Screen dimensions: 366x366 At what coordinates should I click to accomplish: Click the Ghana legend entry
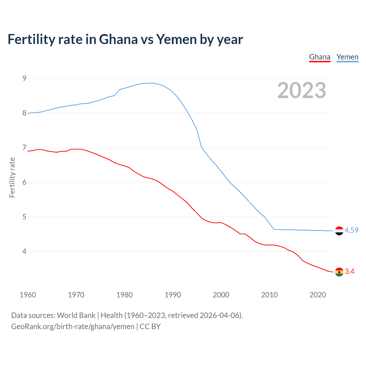click(x=320, y=57)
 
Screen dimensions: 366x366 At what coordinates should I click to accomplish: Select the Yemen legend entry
click(x=347, y=57)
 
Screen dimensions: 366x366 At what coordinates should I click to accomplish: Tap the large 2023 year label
click(x=301, y=90)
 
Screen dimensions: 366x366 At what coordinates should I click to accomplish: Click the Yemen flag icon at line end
click(x=339, y=231)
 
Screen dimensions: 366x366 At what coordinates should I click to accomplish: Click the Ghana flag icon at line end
click(x=339, y=272)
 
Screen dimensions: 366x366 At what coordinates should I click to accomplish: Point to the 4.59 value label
click(x=351, y=230)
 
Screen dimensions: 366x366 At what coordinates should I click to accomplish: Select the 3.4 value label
click(x=349, y=271)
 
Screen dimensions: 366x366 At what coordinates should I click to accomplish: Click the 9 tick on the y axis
click(x=24, y=78)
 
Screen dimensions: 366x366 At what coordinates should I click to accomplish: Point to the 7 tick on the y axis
click(x=24, y=148)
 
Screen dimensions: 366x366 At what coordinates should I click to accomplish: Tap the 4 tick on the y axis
click(x=24, y=251)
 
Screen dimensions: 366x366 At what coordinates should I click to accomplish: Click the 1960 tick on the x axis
click(x=28, y=295)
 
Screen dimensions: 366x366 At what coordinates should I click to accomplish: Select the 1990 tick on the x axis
click(x=173, y=295)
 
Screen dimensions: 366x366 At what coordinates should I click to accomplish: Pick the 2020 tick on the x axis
click(x=318, y=295)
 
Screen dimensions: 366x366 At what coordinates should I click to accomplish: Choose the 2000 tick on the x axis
click(x=221, y=295)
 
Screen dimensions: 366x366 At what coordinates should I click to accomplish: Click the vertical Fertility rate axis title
click(x=12, y=177)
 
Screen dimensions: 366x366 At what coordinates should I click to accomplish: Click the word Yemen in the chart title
click(x=176, y=39)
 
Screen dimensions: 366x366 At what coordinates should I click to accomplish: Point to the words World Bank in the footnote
click(x=76, y=315)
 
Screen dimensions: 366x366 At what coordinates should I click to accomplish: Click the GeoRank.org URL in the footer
click(x=73, y=327)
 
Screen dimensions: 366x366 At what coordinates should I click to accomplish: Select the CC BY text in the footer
click(x=150, y=327)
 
